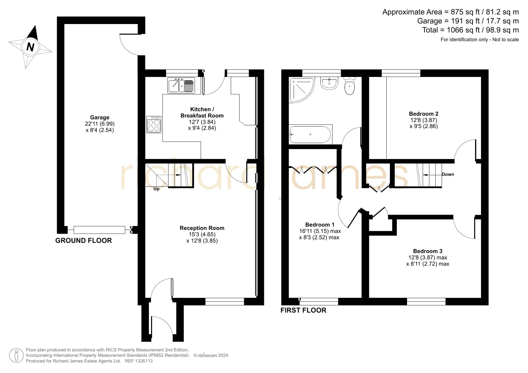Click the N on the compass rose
(30, 47)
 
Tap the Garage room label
(100, 118)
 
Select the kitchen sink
(181, 86)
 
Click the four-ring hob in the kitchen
(154, 124)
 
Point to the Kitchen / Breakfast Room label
(202, 112)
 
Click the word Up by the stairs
(156, 189)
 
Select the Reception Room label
(202, 228)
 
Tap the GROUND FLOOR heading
(83, 240)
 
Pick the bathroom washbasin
(329, 83)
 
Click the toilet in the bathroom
(350, 86)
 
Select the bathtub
(310, 134)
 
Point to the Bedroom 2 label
(424, 114)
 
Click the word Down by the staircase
(448, 174)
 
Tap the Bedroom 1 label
(320, 225)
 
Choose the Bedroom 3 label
(428, 251)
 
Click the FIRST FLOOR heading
(303, 310)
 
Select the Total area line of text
(471, 30)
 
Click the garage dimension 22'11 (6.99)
(100, 124)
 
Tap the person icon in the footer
(16, 356)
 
